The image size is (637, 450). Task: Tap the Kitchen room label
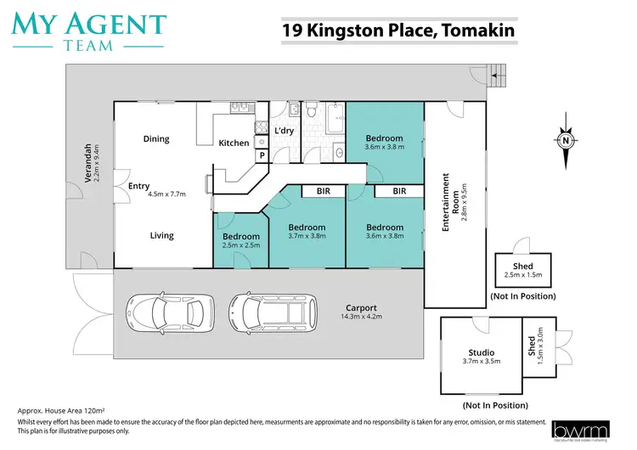point(234,143)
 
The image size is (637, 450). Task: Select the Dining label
point(156,139)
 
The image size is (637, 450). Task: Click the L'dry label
point(284,130)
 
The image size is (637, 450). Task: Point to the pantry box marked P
point(262,155)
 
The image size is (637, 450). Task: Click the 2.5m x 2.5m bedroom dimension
point(241,245)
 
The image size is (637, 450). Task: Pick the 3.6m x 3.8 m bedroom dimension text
point(385,147)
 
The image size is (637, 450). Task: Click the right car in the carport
point(267,312)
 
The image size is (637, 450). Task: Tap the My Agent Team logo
point(88,30)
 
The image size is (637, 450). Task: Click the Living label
point(162,236)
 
